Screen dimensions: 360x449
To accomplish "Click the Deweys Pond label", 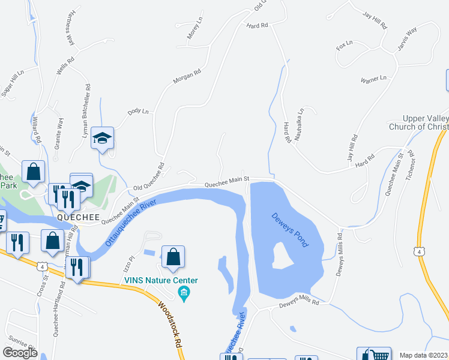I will pos(289,229).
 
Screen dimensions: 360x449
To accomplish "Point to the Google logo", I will pos(20,352).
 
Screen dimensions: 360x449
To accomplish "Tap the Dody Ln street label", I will pos(137,112).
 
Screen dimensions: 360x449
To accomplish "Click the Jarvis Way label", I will pos(403,39).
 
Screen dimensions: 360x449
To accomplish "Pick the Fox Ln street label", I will pos(345,46).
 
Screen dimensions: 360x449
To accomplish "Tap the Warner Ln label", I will pos(373,79).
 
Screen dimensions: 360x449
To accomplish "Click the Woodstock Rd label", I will pos(170,324).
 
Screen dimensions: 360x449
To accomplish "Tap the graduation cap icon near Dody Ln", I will pos(103,138).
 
